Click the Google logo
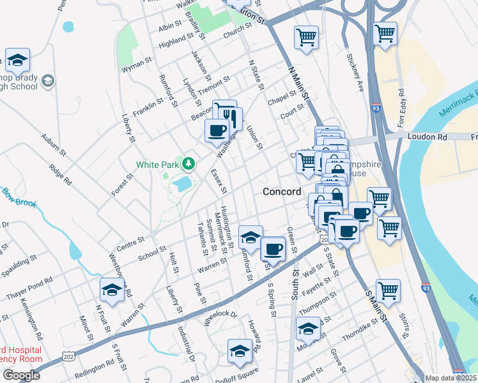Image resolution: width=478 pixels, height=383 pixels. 21,375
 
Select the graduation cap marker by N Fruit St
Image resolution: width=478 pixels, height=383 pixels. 112,290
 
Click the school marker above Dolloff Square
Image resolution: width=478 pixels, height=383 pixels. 240,351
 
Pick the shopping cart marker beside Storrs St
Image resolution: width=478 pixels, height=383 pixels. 388,291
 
